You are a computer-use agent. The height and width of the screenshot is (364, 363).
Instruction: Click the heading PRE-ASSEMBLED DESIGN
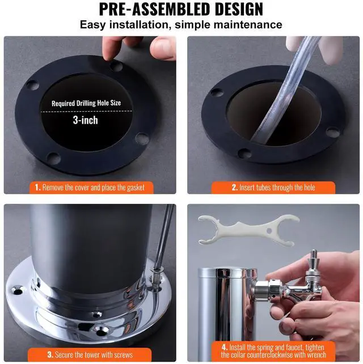point(181,10)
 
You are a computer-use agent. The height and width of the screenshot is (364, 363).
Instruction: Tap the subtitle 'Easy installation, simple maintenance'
point(181,25)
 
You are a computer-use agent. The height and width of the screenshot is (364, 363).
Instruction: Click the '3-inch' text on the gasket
point(86,120)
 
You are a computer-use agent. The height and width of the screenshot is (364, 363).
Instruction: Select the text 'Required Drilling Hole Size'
point(86,103)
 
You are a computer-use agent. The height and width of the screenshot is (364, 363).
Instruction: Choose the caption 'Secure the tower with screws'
point(90,354)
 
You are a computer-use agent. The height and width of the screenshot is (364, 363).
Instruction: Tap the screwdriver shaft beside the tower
point(164,238)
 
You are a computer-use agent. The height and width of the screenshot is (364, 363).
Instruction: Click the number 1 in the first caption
point(37,187)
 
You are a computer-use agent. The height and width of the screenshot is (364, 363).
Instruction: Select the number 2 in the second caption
point(234,187)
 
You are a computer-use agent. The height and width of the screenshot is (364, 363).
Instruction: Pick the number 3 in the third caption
point(50,354)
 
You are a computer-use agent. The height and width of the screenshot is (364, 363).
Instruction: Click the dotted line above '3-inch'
point(86,111)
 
